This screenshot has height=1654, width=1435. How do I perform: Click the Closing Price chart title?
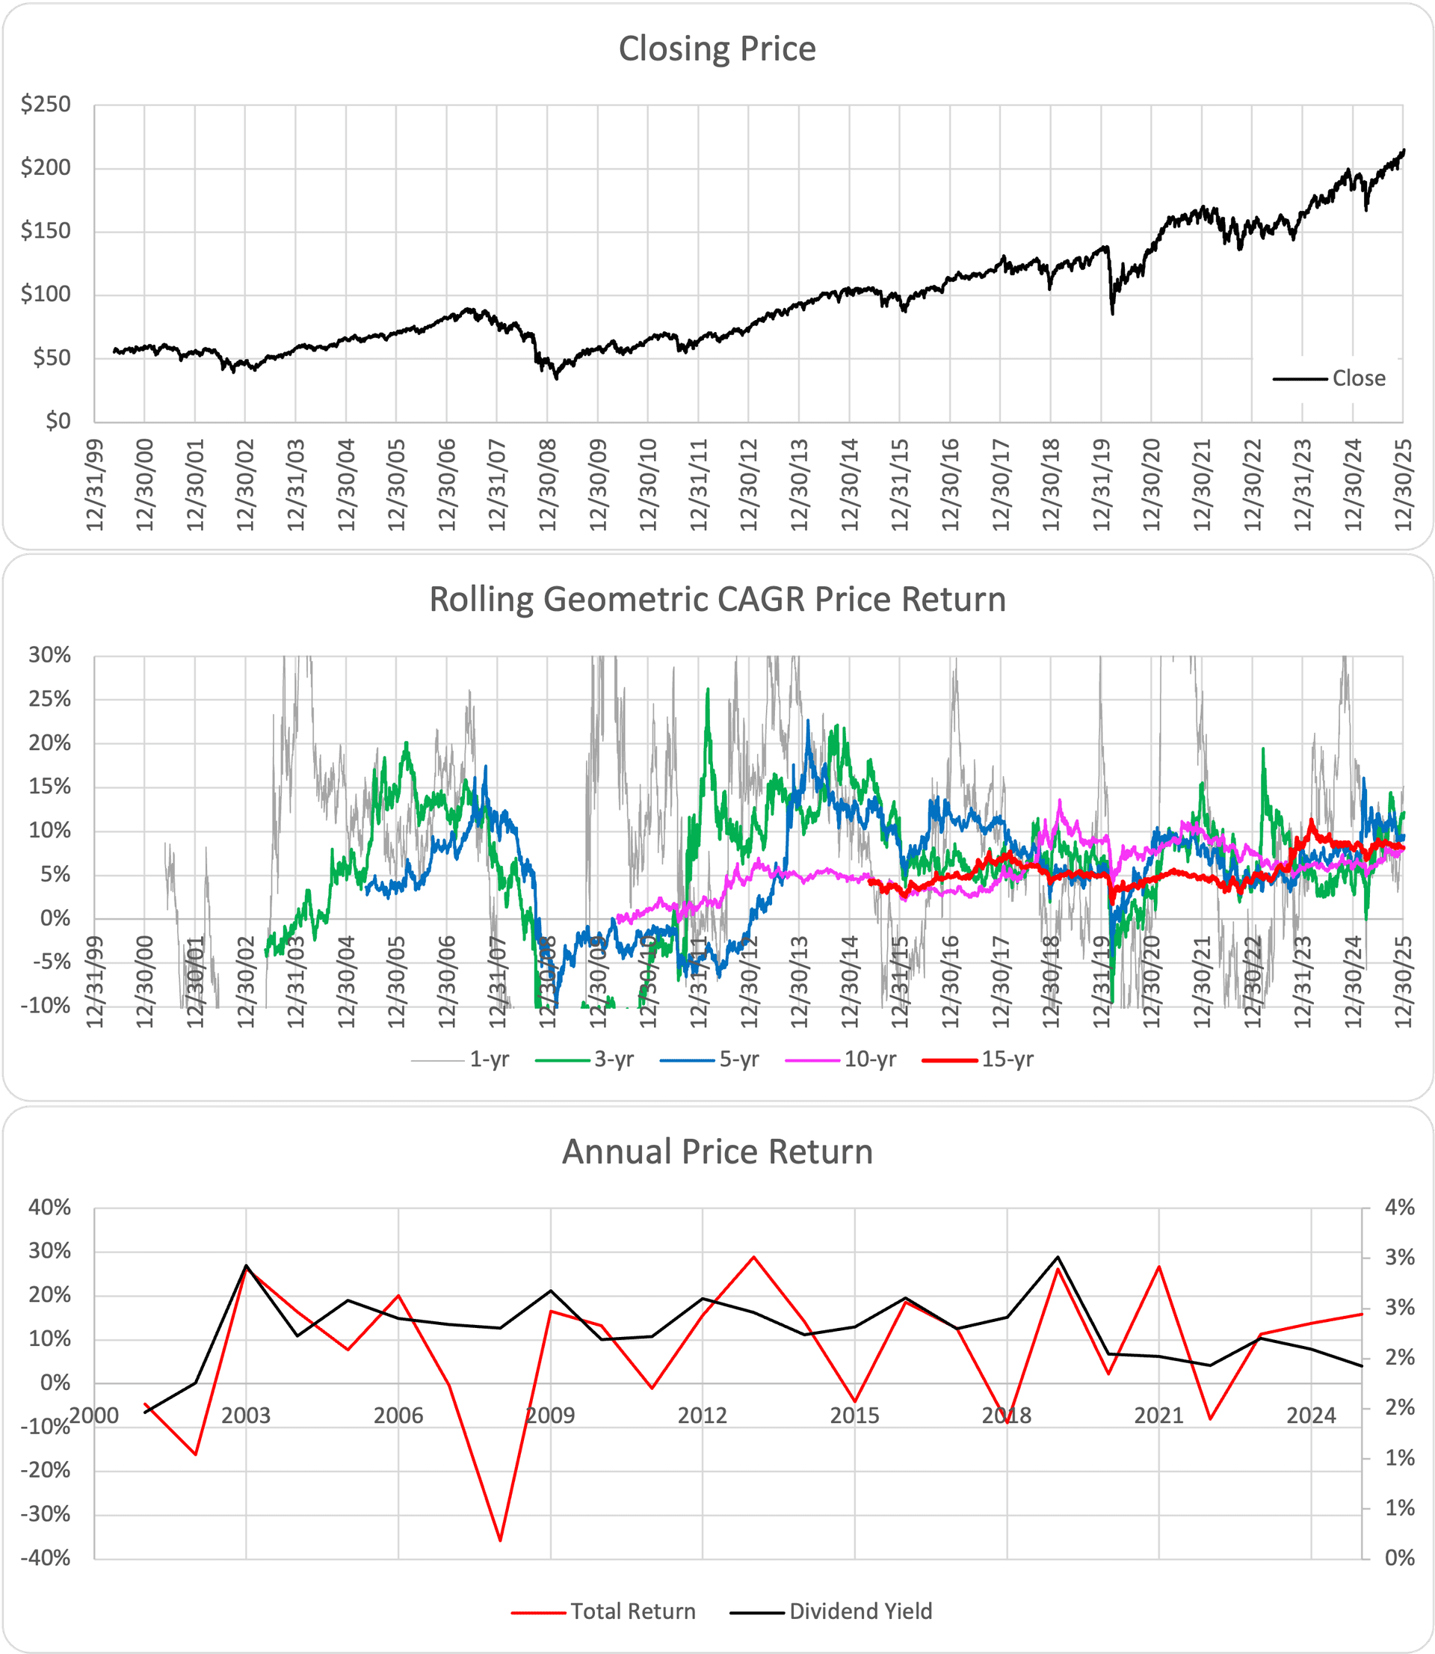(717, 49)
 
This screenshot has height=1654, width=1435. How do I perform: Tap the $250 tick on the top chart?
(46, 104)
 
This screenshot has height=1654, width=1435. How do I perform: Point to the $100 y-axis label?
(46, 294)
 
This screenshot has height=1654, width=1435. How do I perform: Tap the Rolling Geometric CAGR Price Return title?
(717, 600)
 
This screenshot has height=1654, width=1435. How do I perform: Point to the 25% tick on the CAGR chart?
(49, 699)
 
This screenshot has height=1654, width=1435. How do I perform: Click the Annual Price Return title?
(717, 1152)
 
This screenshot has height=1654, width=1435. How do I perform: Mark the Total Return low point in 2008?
(500, 1540)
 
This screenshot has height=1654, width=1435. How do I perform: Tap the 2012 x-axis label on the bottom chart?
(703, 1416)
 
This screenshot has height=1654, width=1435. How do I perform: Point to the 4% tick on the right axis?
(1399, 1208)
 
